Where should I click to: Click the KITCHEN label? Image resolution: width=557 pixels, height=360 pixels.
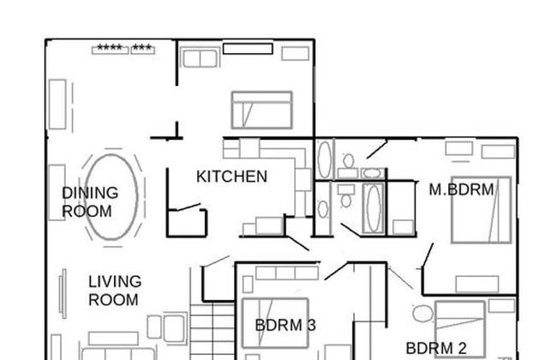[231, 177]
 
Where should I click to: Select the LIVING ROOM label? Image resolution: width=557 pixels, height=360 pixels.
[113, 291]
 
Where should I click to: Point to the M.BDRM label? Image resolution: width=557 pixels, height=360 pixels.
[461, 189]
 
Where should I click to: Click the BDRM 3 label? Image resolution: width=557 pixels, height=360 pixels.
[285, 325]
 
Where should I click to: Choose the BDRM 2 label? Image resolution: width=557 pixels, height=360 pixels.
[435, 348]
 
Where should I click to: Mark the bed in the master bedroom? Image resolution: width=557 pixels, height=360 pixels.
[481, 220]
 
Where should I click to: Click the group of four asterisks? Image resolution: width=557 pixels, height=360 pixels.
[110, 48]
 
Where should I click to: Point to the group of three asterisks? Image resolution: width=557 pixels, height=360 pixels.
[142, 48]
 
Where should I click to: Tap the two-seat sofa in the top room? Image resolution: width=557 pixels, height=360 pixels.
[200, 57]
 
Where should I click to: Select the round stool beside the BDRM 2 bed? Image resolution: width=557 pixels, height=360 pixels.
[419, 313]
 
